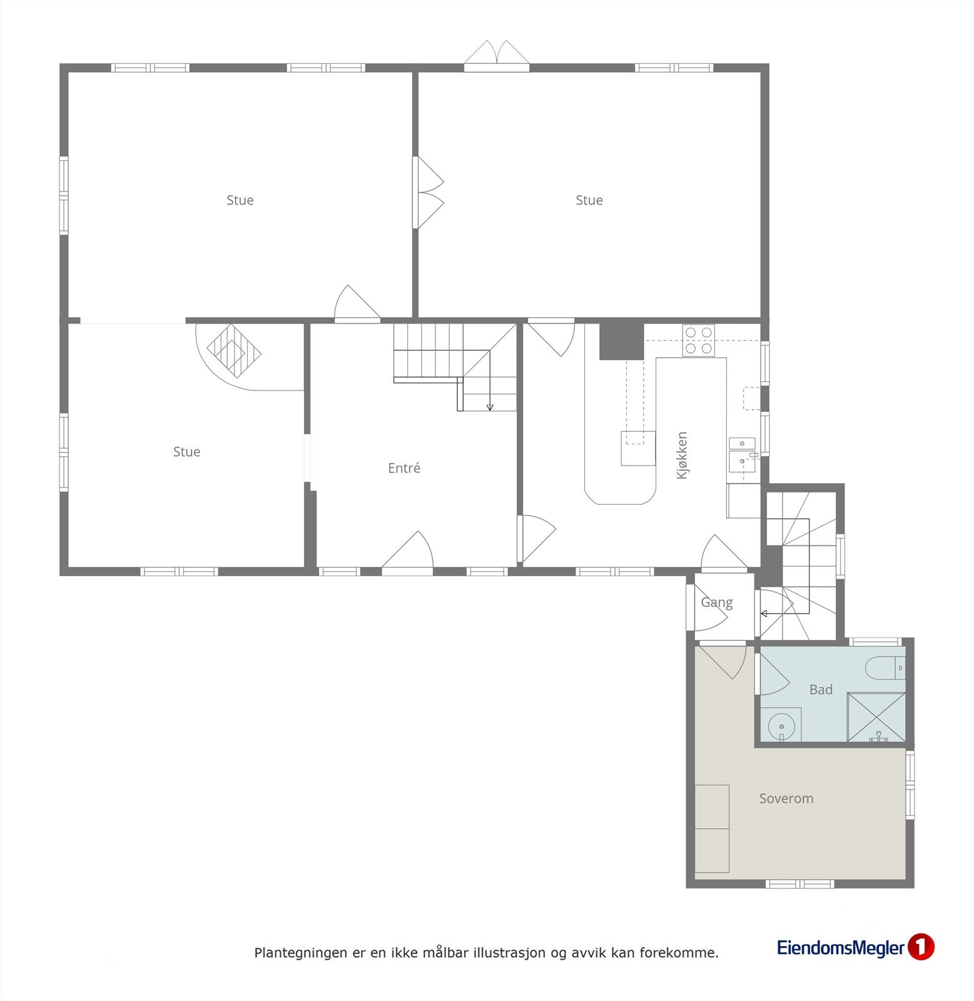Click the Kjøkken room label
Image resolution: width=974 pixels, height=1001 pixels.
pyautogui.click(x=682, y=455)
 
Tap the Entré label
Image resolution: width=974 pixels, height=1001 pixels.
pyautogui.click(x=404, y=468)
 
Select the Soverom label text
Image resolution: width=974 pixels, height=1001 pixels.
pyautogui.click(x=786, y=798)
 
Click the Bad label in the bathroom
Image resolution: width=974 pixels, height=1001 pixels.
pyautogui.click(x=821, y=689)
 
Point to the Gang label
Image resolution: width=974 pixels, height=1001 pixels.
pyautogui.click(x=716, y=602)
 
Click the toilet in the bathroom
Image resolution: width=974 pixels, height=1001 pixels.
pyautogui.click(x=885, y=668)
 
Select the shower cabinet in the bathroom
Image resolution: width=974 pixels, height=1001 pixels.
pyautogui.click(x=876, y=717)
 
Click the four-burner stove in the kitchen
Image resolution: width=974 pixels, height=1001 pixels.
pyautogui.click(x=699, y=340)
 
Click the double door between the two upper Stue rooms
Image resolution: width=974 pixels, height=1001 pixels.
pyautogui.click(x=428, y=192)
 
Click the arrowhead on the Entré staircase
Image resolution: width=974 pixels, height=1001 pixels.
pyautogui.click(x=490, y=407)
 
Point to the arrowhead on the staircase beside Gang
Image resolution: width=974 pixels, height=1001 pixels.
pyautogui.click(x=764, y=614)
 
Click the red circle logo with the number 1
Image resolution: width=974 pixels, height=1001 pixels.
pyautogui.click(x=921, y=947)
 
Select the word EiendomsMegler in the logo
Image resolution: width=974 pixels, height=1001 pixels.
pyautogui.click(x=841, y=948)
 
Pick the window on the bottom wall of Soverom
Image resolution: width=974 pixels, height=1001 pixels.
pyautogui.click(x=800, y=883)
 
